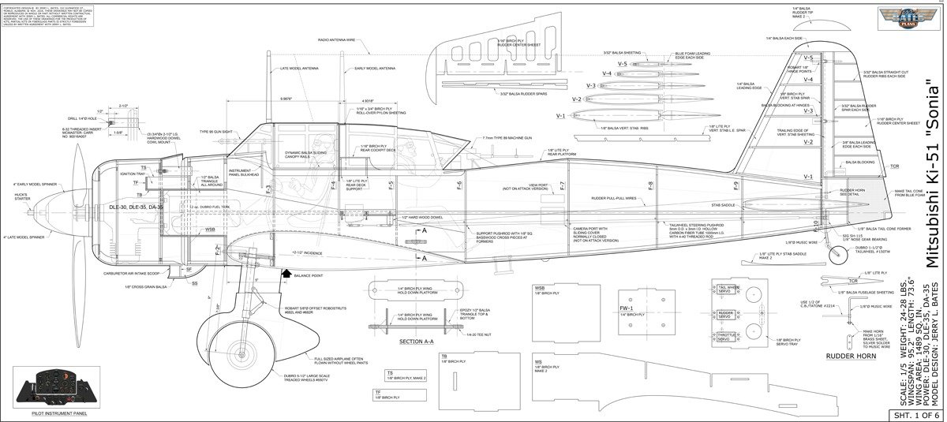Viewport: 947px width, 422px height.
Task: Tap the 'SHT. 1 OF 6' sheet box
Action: (x=915, y=414)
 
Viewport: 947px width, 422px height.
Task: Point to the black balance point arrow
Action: (x=286, y=273)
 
